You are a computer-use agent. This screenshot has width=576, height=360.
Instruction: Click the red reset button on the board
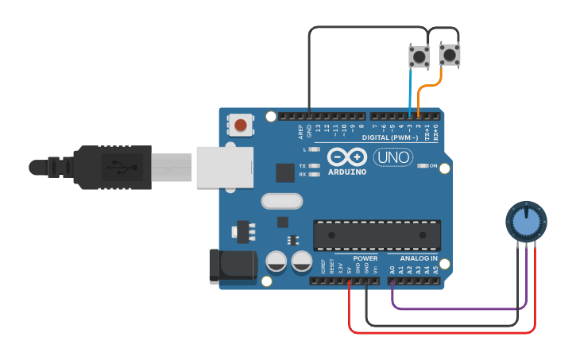click(x=240, y=125)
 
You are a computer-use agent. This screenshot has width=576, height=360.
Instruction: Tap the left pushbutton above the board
click(x=419, y=56)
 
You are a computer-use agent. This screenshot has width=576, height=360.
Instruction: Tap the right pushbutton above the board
click(x=449, y=55)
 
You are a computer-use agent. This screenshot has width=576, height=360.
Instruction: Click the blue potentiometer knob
click(x=526, y=222)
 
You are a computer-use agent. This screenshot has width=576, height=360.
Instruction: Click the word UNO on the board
click(x=393, y=157)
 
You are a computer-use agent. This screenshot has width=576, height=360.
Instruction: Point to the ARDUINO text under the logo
click(x=347, y=172)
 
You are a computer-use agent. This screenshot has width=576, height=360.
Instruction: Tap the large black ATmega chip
click(x=377, y=236)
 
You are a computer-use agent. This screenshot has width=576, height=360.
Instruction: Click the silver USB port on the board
click(x=225, y=167)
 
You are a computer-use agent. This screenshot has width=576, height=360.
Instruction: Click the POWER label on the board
click(x=365, y=258)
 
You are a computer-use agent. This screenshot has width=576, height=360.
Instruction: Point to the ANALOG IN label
click(x=419, y=258)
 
